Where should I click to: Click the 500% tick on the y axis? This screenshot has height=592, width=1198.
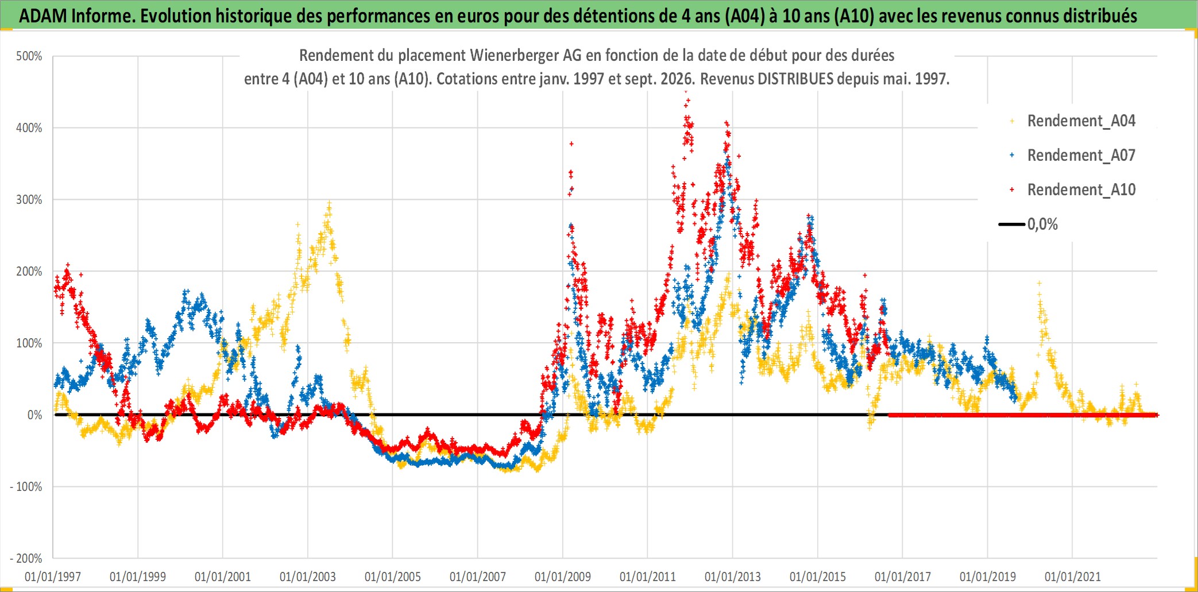pyautogui.click(x=29, y=56)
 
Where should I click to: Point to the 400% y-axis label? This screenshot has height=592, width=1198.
pyautogui.click(x=29, y=128)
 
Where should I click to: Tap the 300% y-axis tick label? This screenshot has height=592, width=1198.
pyautogui.click(x=29, y=200)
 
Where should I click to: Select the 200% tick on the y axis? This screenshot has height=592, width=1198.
pyautogui.click(x=29, y=272)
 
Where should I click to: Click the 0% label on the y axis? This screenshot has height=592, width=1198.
pyautogui.click(x=35, y=415)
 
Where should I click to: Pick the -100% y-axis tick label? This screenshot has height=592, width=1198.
pyautogui.click(x=26, y=487)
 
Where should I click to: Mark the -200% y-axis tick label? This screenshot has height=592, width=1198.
pyautogui.click(x=26, y=559)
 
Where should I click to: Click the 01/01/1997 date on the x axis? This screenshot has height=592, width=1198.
pyautogui.click(x=53, y=576)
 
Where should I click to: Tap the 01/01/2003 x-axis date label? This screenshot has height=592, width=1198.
pyautogui.click(x=308, y=576)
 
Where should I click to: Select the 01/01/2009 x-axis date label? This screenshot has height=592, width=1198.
pyautogui.click(x=563, y=576)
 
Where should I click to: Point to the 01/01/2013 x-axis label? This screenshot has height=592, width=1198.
pyautogui.click(x=733, y=576)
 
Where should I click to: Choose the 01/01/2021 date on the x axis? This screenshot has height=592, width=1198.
pyautogui.click(x=1073, y=576)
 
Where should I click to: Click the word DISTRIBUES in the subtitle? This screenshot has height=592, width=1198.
pyautogui.click(x=795, y=79)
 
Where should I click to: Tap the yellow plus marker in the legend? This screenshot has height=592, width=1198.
pyautogui.click(x=1012, y=121)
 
